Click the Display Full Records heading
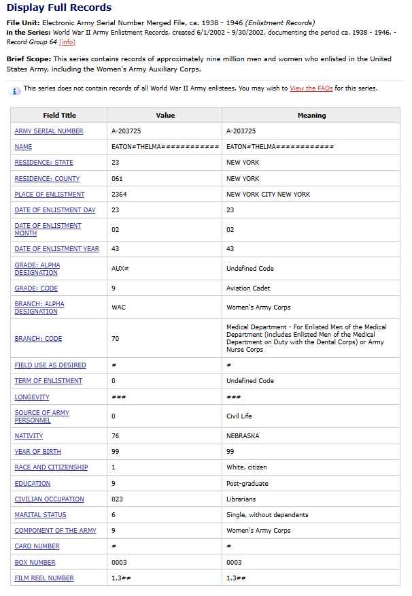click(x=59, y=8)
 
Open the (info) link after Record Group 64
click(x=67, y=42)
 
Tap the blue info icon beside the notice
click(x=15, y=91)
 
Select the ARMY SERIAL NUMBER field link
click(x=49, y=131)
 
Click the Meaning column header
click(x=311, y=116)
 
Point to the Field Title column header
click(x=59, y=116)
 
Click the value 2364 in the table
click(x=119, y=195)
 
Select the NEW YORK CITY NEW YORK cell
click(x=268, y=195)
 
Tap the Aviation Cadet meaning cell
click(x=247, y=288)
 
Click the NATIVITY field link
click(x=29, y=436)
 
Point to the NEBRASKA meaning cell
click(x=243, y=436)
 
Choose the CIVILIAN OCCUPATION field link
click(x=50, y=499)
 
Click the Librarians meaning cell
click(x=241, y=499)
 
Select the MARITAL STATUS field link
click(x=41, y=515)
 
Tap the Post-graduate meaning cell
click(x=247, y=484)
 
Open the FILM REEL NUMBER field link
click(x=44, y=578)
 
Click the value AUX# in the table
click(x=120, y=269)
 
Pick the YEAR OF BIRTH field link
click(x=38, y=452)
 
